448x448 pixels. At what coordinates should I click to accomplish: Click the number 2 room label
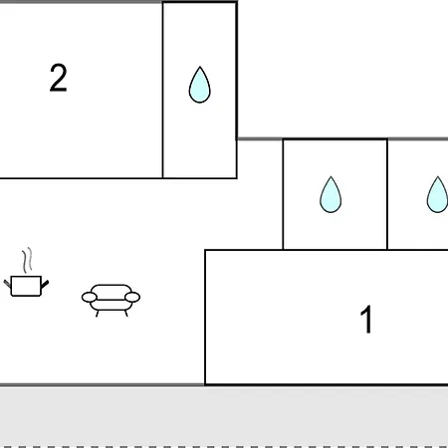point(59,78)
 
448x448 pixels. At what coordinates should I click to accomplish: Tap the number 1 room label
point(366,319)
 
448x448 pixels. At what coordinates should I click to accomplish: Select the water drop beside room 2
point(200,85)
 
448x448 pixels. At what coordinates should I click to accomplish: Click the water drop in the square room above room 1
point(331,194)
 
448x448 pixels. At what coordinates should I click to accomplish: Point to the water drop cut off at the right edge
point(438,194)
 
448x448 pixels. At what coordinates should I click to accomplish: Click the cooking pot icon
point(26,286)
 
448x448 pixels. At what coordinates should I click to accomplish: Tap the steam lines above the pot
point(28,260)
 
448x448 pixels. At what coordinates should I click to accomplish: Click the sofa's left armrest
point(90,297)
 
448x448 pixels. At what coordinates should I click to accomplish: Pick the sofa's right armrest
point(132,297)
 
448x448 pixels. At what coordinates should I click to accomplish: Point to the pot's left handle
point(7,284)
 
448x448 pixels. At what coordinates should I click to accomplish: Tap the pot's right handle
point(45,284)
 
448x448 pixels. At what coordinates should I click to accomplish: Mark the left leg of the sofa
point(98,314)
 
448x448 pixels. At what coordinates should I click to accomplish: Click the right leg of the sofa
point(126,314)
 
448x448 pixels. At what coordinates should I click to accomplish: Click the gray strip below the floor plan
point(224,415)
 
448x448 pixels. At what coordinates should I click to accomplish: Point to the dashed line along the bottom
point(224,447)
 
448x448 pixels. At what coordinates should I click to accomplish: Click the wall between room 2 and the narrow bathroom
point(162,90)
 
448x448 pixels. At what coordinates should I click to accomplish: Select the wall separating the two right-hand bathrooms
point(387,194)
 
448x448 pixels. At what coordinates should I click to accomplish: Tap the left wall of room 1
point(205,318)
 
